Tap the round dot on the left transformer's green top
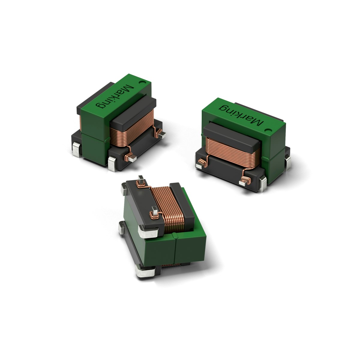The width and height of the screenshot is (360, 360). tap(142, 81)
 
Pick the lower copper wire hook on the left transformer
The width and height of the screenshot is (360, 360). tap(130, 156)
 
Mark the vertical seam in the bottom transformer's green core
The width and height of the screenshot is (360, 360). tap(174, 250)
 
